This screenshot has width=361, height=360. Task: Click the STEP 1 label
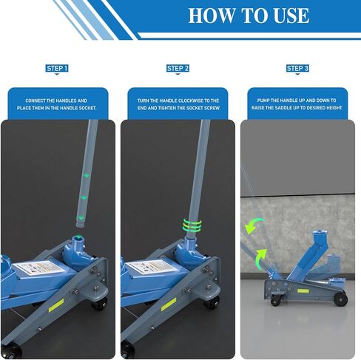57,68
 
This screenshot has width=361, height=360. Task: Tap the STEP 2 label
178,68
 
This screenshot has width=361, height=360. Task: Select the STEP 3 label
297,68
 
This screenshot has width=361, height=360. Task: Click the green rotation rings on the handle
192,225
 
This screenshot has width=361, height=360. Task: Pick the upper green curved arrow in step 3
254,225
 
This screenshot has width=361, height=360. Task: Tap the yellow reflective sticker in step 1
56,305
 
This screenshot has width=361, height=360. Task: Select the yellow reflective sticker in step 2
169,305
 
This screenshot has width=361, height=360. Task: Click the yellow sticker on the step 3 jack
303,291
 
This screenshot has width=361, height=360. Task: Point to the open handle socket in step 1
78,238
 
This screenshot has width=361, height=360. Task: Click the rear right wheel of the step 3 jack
340,299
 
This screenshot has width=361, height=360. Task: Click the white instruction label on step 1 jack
38,268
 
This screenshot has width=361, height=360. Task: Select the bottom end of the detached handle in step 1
80,225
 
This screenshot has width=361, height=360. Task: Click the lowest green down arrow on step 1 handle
80,217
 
